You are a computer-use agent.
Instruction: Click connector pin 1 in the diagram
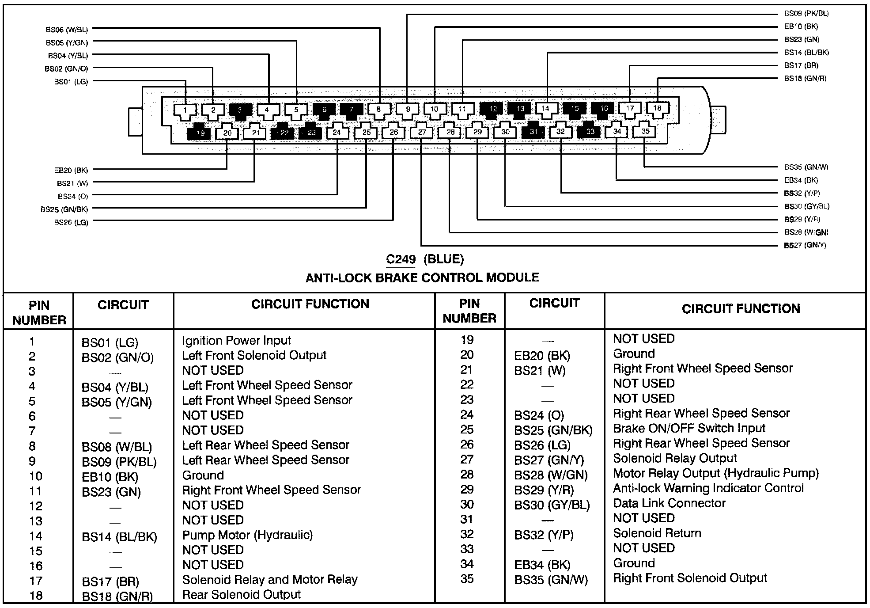[185, 110]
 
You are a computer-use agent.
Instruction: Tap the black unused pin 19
[200, 133]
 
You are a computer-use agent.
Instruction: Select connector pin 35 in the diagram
[645, 131]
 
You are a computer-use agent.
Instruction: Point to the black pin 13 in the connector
[520, 109]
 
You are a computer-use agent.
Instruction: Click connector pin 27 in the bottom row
[422, 132]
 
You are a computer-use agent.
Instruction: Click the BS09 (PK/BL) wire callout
[806, 14]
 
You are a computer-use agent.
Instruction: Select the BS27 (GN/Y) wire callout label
[805, 245]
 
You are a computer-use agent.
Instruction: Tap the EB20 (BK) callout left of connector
[71, 170]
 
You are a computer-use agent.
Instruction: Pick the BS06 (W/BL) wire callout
[67, 30]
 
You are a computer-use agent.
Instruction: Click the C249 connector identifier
[401, 259]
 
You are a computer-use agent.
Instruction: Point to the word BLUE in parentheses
[443, 259]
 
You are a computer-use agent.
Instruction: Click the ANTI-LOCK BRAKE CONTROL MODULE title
[422, 278]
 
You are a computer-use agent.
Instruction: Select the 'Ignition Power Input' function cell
[236, 341]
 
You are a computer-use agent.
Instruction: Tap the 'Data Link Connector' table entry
[669, 503]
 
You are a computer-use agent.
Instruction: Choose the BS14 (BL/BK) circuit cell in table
[119, 537]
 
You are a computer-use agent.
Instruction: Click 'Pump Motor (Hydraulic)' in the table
[247, 535]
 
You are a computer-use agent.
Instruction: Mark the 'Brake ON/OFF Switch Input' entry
[689, 429]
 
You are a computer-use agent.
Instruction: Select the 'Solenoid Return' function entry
[657, 533]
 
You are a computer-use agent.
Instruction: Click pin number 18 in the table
[36, 596]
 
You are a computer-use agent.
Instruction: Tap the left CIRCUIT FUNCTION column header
[310, 304]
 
